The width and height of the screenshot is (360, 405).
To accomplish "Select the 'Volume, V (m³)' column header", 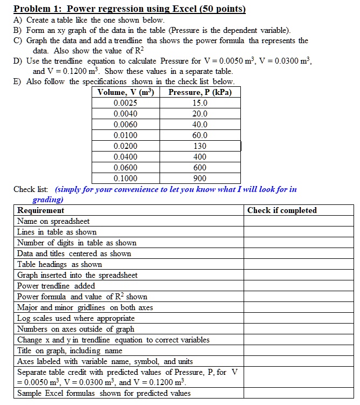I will click(x=126, y=92).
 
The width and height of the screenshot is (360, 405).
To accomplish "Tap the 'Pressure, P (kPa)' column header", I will click(x=200, y=92).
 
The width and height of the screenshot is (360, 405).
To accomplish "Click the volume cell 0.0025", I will click(x=126, y=103).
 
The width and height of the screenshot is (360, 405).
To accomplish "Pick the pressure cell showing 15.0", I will click(x=200, y=103).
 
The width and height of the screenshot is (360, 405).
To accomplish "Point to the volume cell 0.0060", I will click(x=126, y=125).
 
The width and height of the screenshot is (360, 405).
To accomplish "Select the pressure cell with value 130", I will click(x=200, y=146).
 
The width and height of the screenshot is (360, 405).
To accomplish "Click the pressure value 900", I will click(x=200, y=179).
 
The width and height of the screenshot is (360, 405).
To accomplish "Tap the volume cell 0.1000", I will click(x=126, y=179).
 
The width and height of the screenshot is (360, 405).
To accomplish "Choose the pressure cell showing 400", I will click(x=200, y=157).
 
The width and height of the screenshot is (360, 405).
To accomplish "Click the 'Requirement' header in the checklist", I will click(x=40, y=210).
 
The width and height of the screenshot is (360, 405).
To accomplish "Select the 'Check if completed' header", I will click(x=282, y=210).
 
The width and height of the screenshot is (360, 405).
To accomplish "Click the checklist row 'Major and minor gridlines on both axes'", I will click(x=85, y=307).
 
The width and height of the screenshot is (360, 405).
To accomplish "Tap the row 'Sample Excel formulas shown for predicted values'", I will click(x=103, y=393).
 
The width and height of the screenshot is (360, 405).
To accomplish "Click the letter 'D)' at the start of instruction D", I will click(x=18, y=61).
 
